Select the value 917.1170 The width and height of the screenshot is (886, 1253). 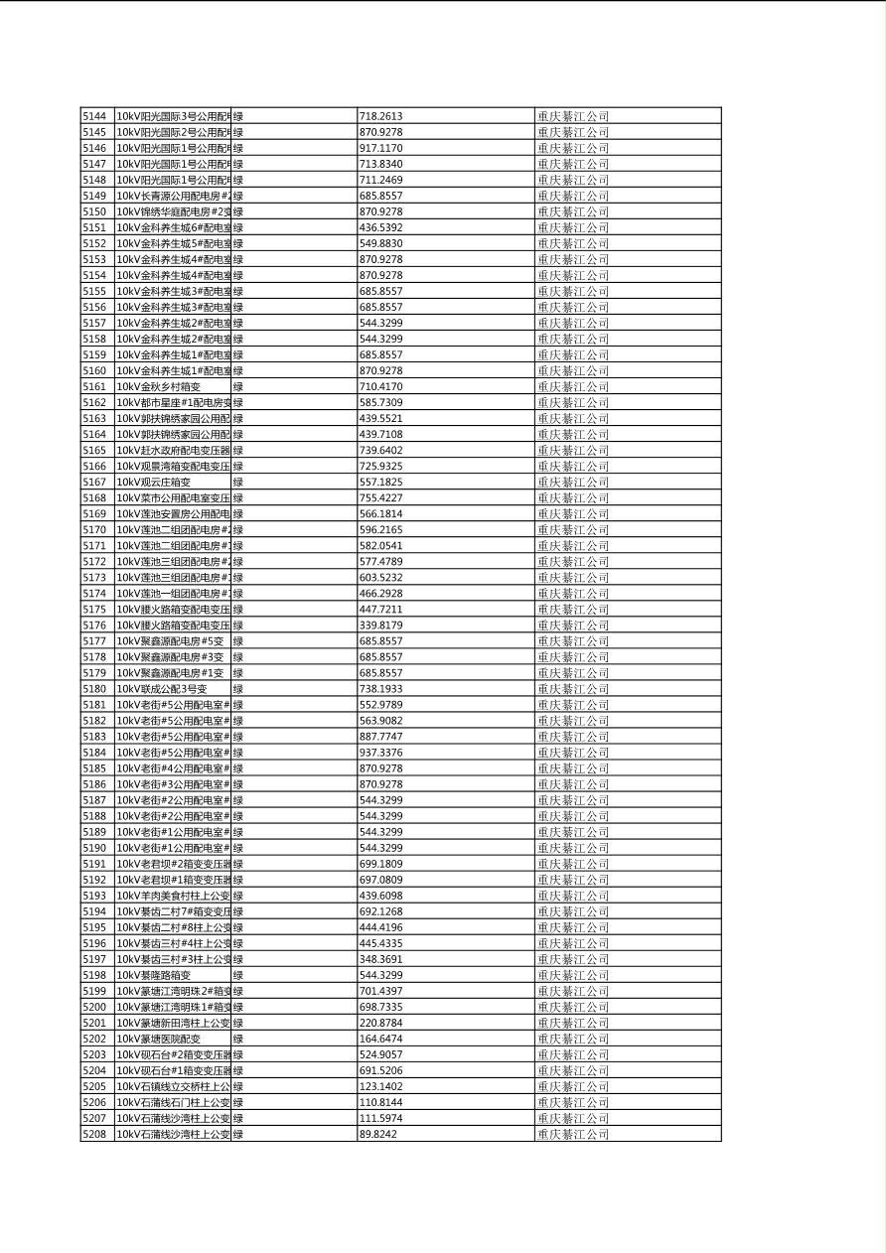[x=380, y=148]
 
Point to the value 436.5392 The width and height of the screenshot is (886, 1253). [x=380, y=227]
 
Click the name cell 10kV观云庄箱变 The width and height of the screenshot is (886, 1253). [x=154, y=482]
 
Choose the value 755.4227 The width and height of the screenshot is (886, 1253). [x=380, y=497]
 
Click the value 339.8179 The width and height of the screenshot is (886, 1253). [x=380, y=626]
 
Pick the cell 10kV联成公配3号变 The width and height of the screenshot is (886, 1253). [x=162, y=689]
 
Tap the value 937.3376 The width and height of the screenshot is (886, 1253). [x=380, y=753]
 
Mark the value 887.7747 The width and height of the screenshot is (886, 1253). [x=380, y=737]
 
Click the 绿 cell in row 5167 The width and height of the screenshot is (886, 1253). [x=238, y=482]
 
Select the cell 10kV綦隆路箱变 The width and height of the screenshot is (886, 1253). [x=154, y=975]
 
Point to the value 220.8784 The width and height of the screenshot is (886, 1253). [x=380, y=1023]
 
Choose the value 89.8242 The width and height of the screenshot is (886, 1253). [x=377, y=1134]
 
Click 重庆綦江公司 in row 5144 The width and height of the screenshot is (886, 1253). [x=573, y=116]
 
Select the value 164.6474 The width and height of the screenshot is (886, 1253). [x=380, y=1039]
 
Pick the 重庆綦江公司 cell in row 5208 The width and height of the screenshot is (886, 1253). [x=573, y=1134]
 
